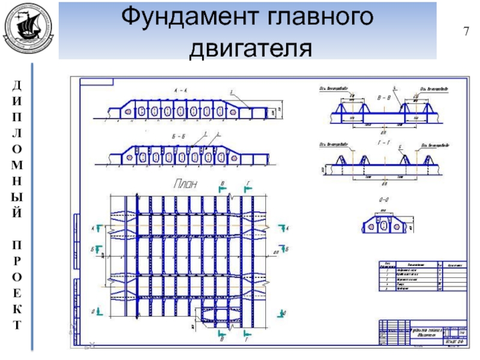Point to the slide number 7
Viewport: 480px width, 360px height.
[465, 31]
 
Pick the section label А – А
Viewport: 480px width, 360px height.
[181, 90]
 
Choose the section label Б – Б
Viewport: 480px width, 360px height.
[178, 136]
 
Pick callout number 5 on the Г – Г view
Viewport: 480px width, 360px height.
[400, 146]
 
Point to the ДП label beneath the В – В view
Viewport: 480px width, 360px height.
[384, 131]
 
